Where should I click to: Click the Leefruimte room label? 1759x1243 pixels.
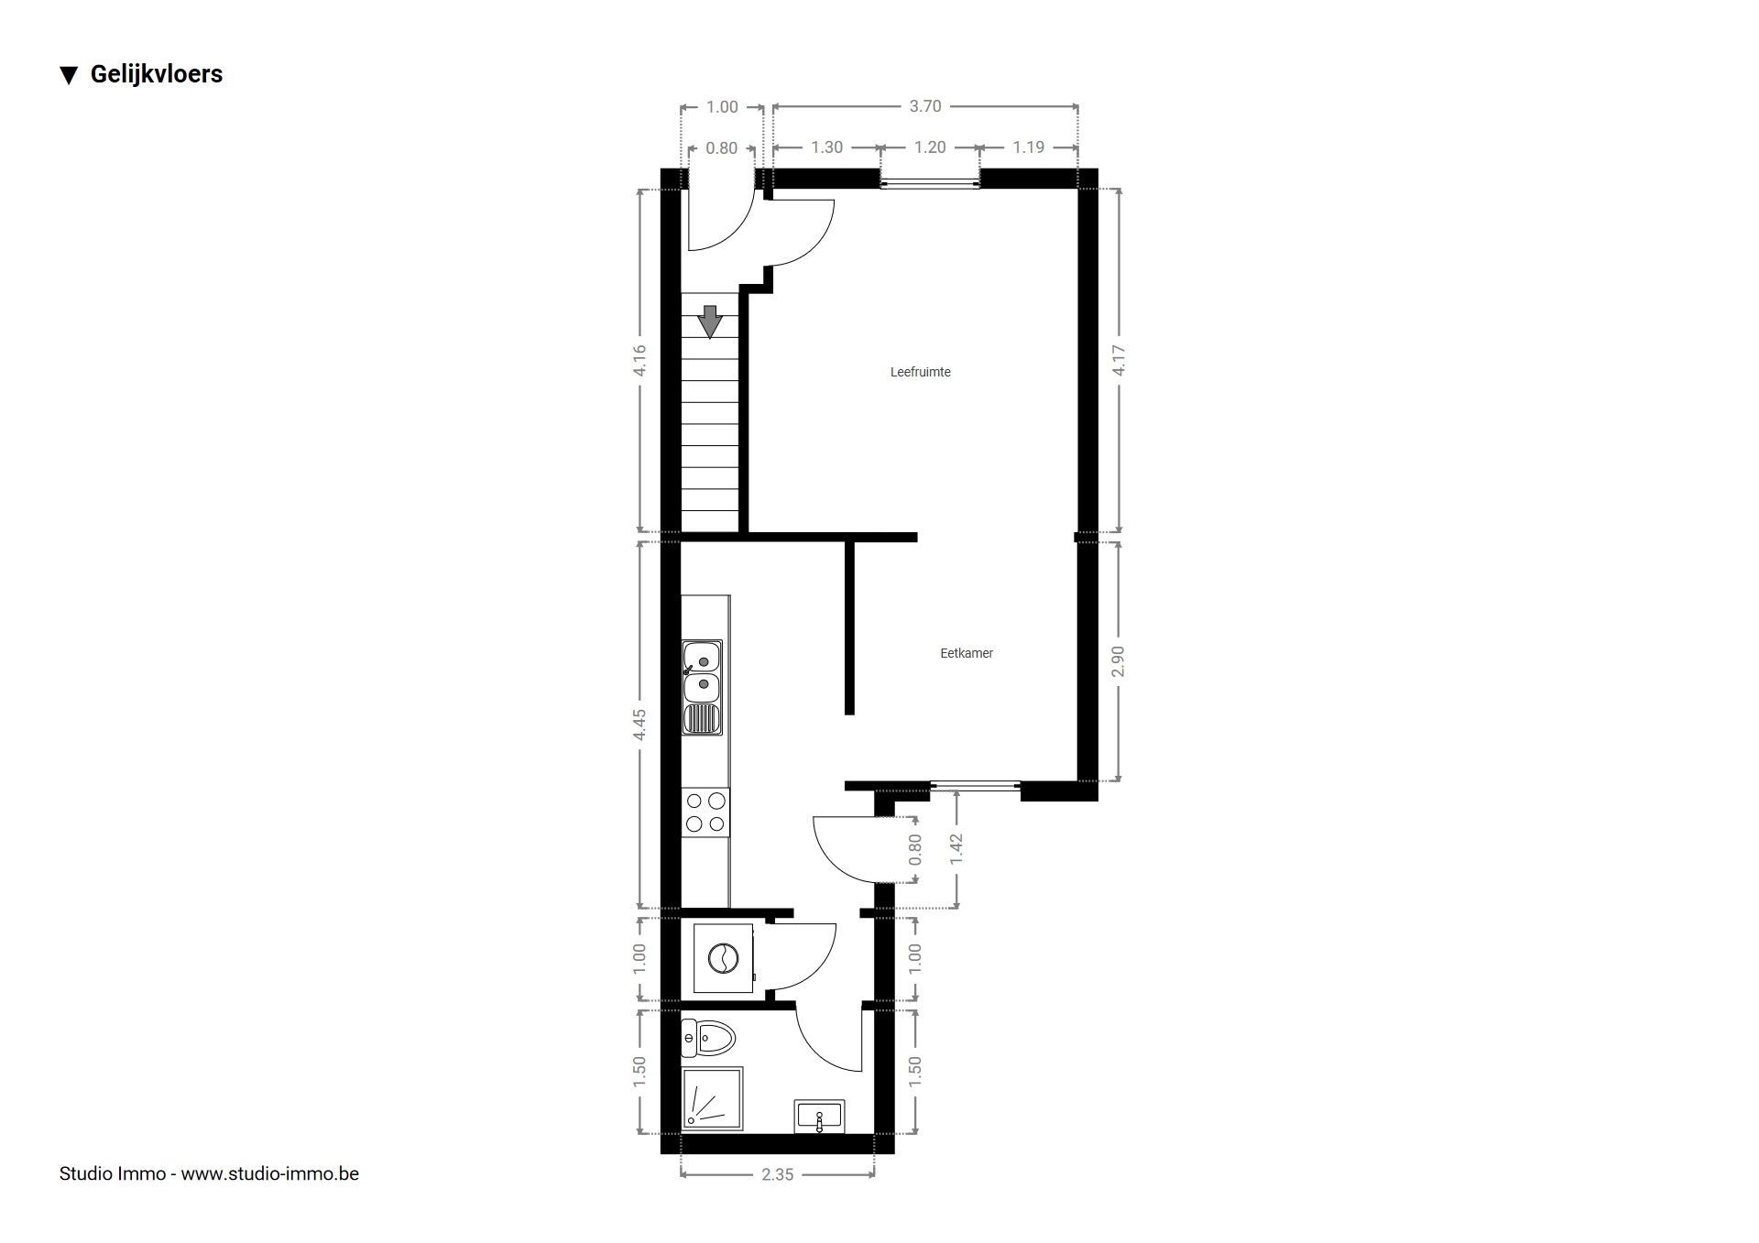920,372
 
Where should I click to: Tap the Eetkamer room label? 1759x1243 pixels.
967,653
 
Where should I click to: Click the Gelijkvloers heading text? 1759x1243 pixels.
157,74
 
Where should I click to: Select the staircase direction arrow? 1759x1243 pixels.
710,322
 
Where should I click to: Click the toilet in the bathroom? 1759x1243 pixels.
709,1039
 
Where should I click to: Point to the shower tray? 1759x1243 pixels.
712,1098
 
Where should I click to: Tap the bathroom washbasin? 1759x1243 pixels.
819,1118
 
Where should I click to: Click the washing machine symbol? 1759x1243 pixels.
724,958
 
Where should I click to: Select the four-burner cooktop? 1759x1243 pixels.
705,812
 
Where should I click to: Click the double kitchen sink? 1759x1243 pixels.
702,687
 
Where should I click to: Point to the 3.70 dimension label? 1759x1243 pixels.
925,106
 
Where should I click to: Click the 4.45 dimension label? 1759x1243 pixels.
639,725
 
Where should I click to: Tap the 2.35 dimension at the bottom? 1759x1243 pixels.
778,1174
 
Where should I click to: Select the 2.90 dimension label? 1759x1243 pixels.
1118,661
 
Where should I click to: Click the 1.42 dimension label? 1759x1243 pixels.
956,849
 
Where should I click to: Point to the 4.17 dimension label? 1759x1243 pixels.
1119,360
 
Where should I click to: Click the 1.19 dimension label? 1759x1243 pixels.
1029,147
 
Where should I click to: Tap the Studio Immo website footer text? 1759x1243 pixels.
209,1174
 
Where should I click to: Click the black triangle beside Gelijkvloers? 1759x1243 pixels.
69,75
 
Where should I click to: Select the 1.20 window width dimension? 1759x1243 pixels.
930,147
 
